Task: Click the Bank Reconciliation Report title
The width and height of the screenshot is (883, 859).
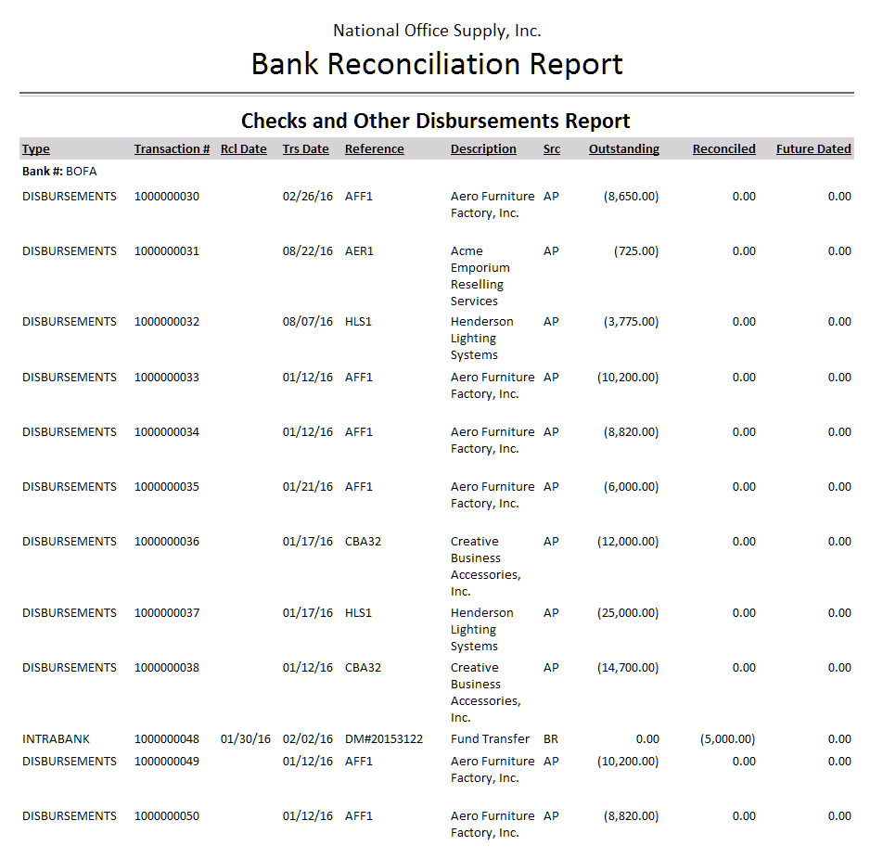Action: pyautogui.click(x=437, y=64)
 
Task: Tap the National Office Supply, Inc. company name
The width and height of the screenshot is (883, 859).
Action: pyautogui.click(x=437, y=31)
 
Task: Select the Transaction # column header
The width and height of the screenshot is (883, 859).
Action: pyautogui.click(x=172, y=149)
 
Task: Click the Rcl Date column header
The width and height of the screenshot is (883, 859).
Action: pyautogui.click(x=243, y=149)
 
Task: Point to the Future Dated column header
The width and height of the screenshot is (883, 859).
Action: pyautogui.click(x=813, y=149)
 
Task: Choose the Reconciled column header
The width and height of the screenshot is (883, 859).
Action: pyautogui.click(x=723, y=149)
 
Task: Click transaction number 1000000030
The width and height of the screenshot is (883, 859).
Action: pyautogui.click(x=167, y=197)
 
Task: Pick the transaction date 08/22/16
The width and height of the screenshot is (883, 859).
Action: pyautogui.click(x=307, y=251)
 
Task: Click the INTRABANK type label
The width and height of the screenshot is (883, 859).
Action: pyautogui.click(x=55, y=739)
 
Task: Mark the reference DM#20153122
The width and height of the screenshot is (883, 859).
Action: pyautogui.click(x=384, y=739)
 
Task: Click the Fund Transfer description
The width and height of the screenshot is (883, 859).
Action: pyautogui.click(x=490, y=739)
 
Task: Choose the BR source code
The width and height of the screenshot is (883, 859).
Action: pyautogui.click(x=551, y=739)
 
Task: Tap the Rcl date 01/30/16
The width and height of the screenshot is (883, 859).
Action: pyautogui.click(x=246, y=739)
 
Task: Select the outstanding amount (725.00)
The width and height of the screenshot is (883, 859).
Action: pyautogui.click(x=636, y=251)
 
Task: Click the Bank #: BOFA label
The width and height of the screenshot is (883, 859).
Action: pyautogui.click(x=59, y=172)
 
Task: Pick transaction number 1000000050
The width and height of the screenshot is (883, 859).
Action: pyautogui.click(x=167, y=816)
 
